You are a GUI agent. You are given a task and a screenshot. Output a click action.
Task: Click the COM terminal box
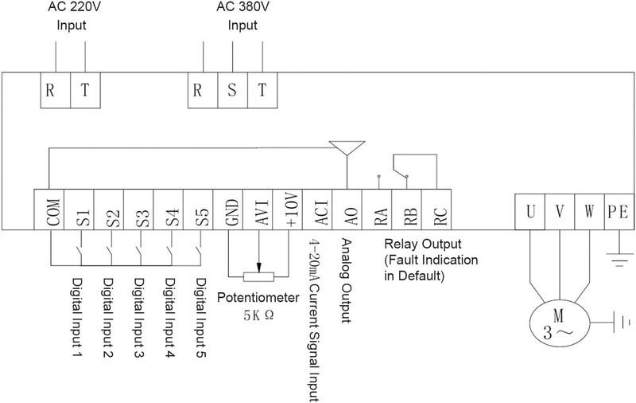[48, 209]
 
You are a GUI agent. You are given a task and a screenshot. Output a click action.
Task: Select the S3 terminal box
[138, 209]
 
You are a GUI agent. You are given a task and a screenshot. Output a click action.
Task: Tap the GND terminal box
[228, 209]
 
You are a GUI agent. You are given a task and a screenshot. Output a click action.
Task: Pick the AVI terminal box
[258, 209]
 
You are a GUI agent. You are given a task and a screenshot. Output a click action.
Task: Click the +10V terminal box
[288, 209]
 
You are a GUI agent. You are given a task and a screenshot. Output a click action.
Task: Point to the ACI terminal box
[317, 209]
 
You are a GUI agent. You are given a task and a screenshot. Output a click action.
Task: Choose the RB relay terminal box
[407, 209]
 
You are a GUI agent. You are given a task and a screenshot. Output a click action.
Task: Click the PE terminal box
[619, 212]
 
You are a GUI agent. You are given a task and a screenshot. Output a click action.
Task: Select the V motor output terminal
[560, 212]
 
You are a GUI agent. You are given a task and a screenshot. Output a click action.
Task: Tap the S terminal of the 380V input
[233, 90]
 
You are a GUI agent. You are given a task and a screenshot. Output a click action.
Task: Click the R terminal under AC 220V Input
[56, 90]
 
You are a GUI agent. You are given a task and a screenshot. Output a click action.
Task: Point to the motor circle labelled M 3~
[560, 324]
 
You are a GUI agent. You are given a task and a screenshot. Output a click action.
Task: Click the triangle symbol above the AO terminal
[347, 147]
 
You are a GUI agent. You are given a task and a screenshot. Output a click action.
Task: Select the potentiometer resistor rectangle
[259, 277]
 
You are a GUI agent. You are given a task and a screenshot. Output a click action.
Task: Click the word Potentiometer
[258, 297]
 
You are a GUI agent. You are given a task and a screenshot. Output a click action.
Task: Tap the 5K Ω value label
[259, 315]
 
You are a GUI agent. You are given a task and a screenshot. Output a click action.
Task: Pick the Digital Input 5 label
[201, 318]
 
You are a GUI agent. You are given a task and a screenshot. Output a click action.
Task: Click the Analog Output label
[346, 280]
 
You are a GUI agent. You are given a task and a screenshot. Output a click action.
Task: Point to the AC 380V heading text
[242, 7]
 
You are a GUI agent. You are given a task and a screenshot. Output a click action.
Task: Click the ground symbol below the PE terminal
[619, 260]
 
